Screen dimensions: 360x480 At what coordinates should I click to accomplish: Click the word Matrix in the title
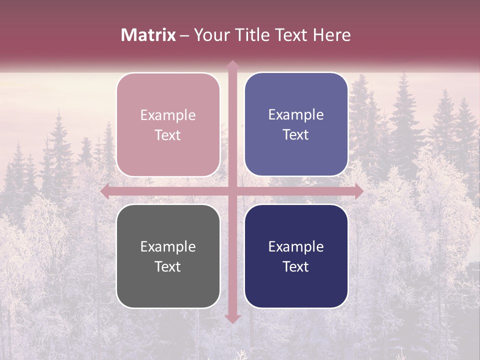point(148,35)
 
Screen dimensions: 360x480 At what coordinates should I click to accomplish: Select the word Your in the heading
point(210,35)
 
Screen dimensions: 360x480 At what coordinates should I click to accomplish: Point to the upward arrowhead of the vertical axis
point(232,64)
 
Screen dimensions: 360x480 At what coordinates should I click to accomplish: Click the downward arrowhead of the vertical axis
point(232,318)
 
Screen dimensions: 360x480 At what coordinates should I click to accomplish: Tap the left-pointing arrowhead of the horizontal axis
point(105,191)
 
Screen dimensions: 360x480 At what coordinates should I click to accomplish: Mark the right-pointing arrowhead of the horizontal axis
point(358,191)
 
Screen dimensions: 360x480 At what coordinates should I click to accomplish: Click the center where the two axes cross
point(232,191)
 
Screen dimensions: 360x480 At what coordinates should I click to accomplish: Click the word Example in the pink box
point(168,115)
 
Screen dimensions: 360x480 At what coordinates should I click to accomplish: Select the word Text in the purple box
point(296,135)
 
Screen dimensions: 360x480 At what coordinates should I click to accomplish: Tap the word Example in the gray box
point(168,247)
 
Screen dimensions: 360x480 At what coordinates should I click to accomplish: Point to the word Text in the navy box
point(296,266)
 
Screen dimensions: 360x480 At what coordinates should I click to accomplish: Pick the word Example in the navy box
point(296,247)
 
